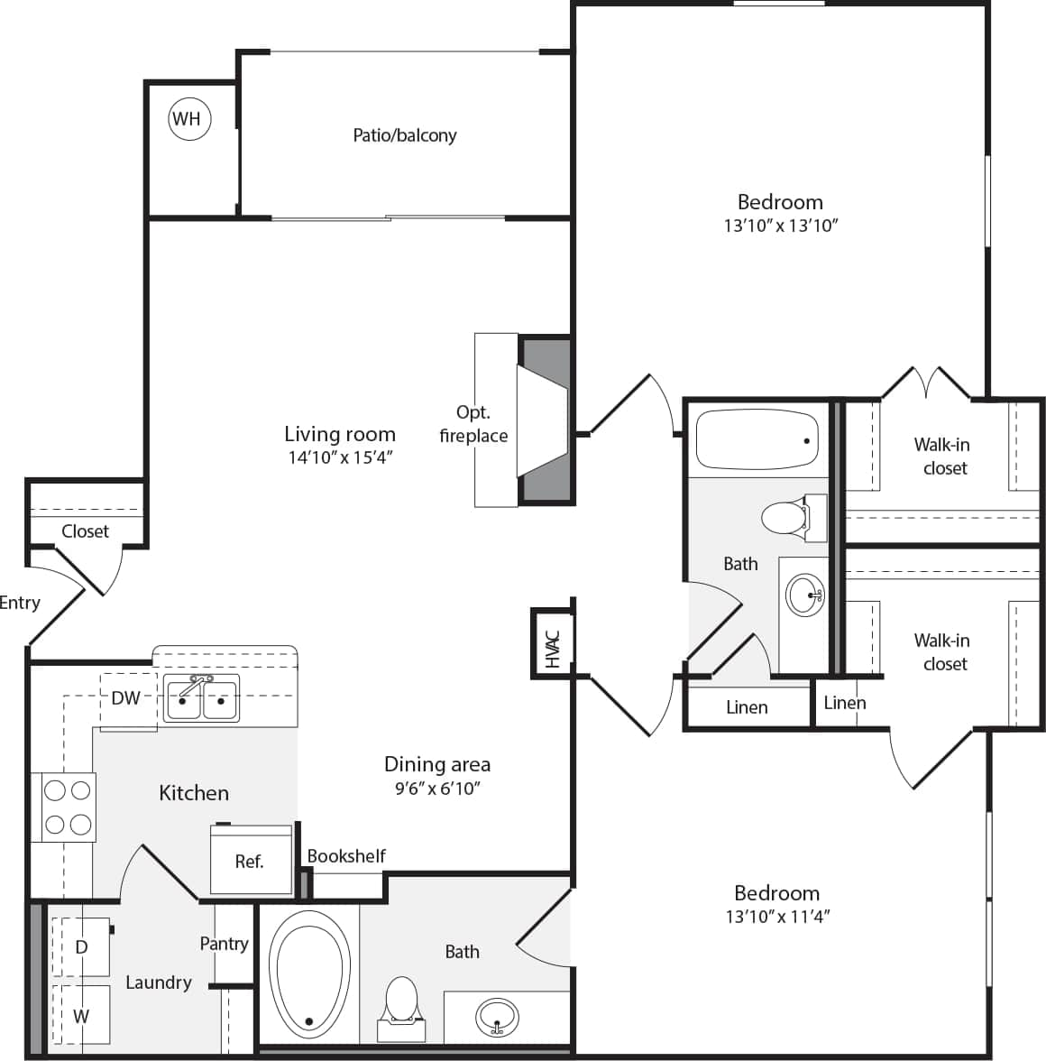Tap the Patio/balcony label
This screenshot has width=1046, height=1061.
click(404, 135)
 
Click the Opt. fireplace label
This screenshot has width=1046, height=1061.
click(473, 424)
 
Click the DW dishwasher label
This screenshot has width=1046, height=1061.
click(125, 697)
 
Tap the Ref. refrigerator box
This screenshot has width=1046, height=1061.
click(250, 860)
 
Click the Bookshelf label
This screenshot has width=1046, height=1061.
click(346, 856)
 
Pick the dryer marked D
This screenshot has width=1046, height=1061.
click(81, 946)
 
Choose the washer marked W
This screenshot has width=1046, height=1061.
click(81, 1016)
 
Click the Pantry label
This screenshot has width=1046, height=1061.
click(224, 944)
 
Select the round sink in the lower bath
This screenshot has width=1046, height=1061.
click(496, 1016)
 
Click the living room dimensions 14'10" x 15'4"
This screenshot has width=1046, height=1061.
click(340, 457)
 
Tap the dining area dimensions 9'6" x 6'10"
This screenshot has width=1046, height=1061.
click(437, 789)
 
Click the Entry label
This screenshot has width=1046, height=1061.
click(20, 603)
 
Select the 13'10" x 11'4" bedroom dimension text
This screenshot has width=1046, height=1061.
click(776, 917)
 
